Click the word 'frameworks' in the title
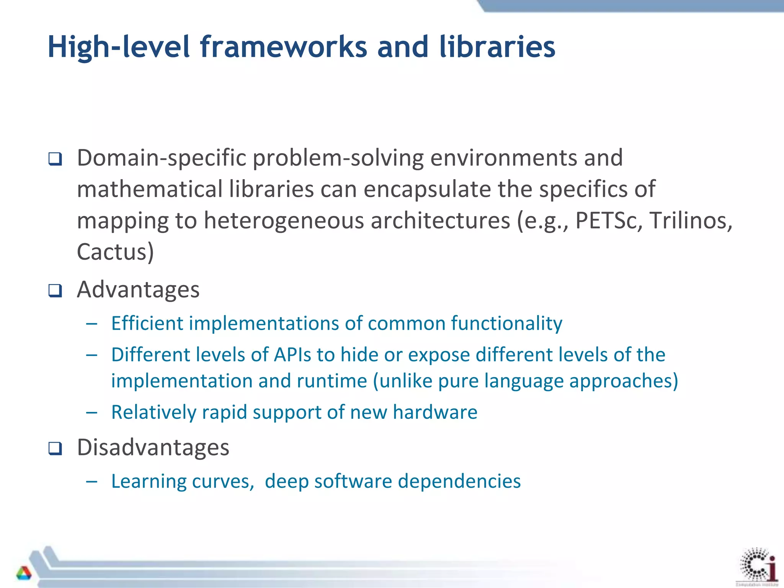pos(283,47)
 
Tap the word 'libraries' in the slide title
pos(497,47)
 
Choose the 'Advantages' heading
pos(138,289)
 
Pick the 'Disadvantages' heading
pos(153,447)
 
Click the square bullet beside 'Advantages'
pos(55,291)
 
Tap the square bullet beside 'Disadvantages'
pos(55,448)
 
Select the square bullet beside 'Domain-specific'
pos(55,159)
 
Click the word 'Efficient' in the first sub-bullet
pos(147,323)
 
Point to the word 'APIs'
pos(292,354)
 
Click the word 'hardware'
pos(435,412)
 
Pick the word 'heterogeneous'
pos(284,221)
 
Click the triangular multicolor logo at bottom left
pos(24,573)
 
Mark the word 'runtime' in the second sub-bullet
pos(332,381)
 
